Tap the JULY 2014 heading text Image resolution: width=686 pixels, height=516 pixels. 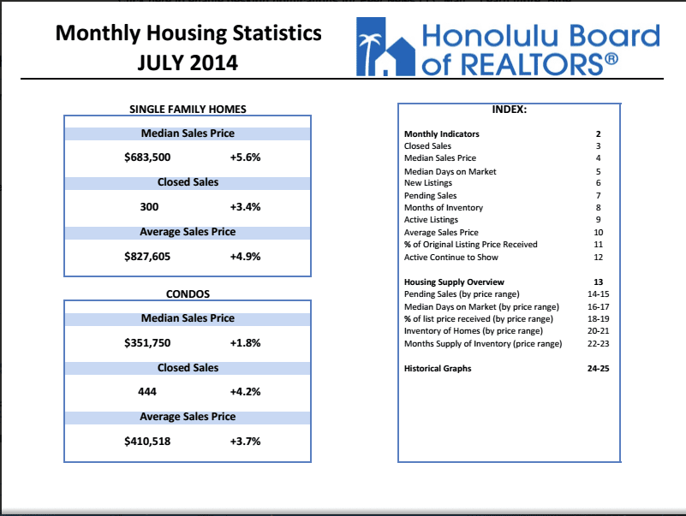coord(188,62)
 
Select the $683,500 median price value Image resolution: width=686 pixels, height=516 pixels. coord(147,157)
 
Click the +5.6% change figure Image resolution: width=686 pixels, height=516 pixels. coord(245,157)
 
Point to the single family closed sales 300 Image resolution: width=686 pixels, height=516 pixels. coord(149,207)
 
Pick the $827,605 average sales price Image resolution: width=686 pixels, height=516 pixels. coord(147,257)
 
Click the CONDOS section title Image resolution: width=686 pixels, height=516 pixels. coord(188,294)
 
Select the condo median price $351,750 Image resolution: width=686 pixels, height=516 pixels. coord(147,343)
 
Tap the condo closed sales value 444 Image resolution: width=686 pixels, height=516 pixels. coord(147,391)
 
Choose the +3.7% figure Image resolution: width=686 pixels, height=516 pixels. coord(245,442)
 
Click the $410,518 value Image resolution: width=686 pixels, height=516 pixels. coord(147,442)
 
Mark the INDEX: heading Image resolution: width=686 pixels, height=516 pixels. coord(510,110)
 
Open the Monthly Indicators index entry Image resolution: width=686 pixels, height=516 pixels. coord(441,133)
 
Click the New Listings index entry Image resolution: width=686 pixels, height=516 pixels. coord(428,183)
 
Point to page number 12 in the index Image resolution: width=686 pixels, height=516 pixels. coord(598,257)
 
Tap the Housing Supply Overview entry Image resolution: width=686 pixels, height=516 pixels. coord(454,282)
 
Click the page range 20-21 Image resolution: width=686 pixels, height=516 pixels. coord(598,331)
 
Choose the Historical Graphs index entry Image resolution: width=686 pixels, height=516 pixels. coord(438,368)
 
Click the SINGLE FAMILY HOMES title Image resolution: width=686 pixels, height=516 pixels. coord(188,110)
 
